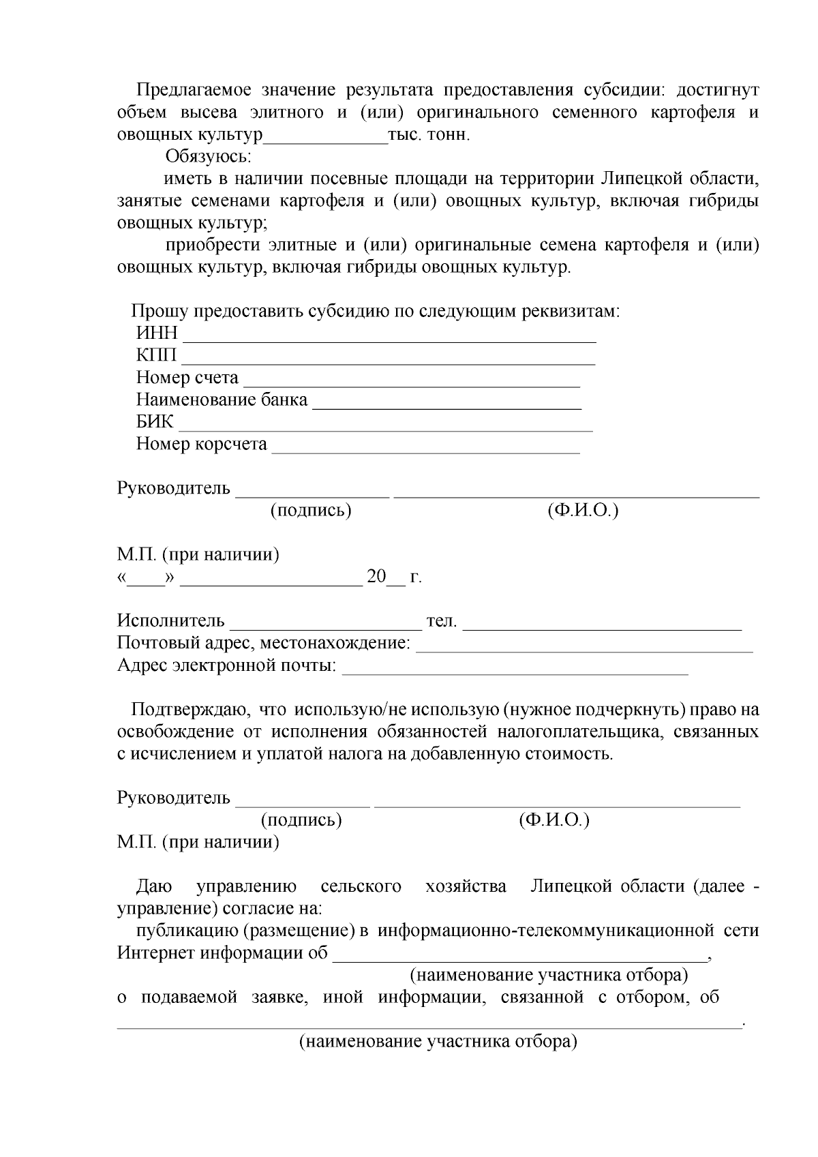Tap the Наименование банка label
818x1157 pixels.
222,400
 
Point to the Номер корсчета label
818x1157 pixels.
201,444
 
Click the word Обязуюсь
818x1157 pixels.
209,157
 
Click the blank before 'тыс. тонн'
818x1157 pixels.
325,138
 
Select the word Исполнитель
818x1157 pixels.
170,620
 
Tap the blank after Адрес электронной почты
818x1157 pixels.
515,670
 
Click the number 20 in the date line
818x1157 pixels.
376,577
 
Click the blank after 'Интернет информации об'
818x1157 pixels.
519,957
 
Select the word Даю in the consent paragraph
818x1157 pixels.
153,886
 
